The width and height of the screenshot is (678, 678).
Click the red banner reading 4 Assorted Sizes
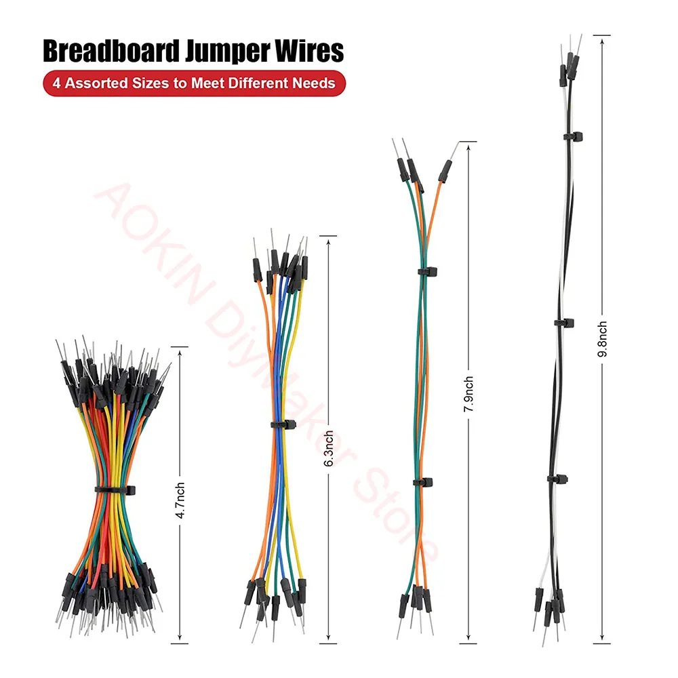(x=194, y=83)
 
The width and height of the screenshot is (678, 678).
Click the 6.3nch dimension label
(x=329, y=448)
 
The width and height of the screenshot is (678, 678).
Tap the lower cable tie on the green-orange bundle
(x=423, y=482)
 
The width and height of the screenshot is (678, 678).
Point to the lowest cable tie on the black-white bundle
(x=557, y=478)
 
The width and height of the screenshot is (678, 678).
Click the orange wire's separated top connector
(x=446, y=169)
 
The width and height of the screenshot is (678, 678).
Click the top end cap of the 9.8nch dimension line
(x=601, y=35)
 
